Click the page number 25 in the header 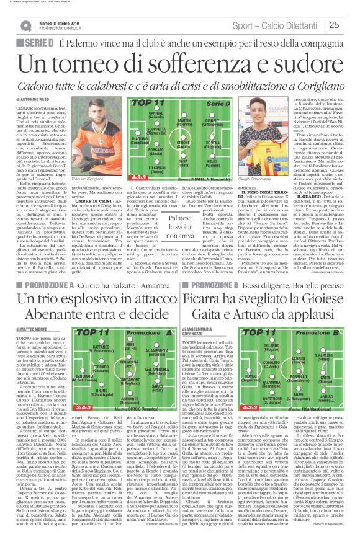point(348,25)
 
